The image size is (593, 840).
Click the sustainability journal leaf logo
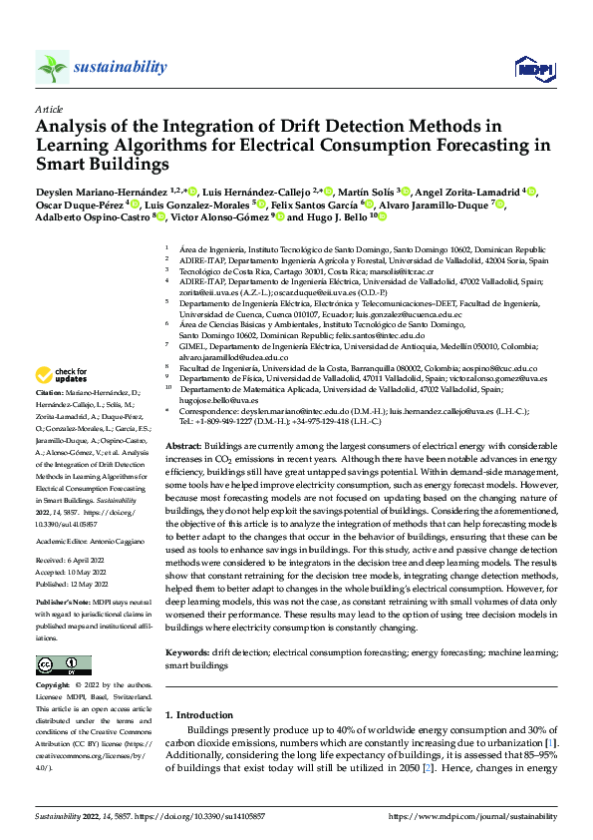pos(52,67)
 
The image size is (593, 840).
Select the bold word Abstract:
pos(184,445)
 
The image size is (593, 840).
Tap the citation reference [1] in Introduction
pos(550,744)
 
